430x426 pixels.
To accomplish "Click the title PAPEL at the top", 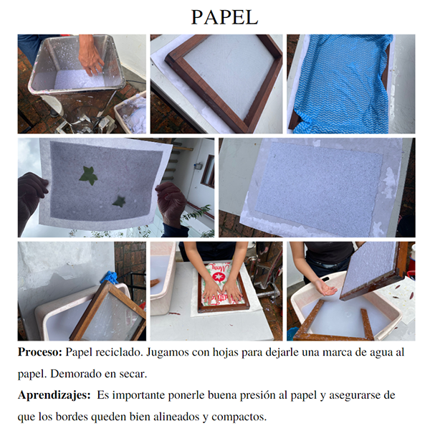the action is [224, 17].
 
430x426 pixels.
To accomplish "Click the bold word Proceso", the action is [40, 352].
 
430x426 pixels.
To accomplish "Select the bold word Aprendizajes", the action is [54, 396].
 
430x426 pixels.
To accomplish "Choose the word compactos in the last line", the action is [239, 417].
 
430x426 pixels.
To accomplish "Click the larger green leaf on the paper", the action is [88, 176].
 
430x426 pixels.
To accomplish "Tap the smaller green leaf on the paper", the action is [119, 202].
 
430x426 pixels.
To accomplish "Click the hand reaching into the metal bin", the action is [90, 57].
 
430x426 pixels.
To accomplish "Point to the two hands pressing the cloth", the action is [222, 291].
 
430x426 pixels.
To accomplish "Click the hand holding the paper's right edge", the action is [171, 206].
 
